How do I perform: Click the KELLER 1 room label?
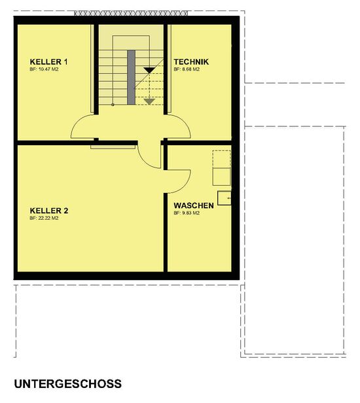(48, 61)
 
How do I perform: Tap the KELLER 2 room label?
(49, 211)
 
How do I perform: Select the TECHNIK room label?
(191, 61)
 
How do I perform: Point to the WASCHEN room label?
(194, 205)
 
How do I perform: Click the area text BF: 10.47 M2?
(45, 69)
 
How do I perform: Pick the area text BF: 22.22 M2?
(45, 219)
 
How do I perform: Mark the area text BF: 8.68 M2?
(187, 69)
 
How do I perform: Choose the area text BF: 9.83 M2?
(187, 213)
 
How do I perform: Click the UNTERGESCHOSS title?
(68, 384)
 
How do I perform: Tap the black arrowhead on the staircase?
(149, 70)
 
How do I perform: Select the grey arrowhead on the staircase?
(149, 101)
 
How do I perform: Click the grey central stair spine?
(131, 77)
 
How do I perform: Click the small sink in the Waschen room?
(225, 198)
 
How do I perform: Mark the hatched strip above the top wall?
(131, 13)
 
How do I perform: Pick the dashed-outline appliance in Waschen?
(222, 168)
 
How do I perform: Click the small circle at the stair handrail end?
(113, 105)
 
